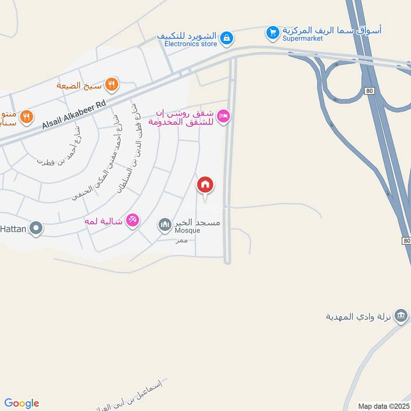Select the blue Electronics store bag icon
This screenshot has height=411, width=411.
(x=226, y=38)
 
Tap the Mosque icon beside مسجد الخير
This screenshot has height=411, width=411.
(x=165, y=225)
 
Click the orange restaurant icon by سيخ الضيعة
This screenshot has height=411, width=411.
(x=111, y=84)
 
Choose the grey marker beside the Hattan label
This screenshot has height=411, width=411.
(x=35, y=228)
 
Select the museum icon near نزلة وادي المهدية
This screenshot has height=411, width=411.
(x=403, y=314)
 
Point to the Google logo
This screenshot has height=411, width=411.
(x=22, y=403)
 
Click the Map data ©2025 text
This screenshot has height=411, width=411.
(x=383, y=406)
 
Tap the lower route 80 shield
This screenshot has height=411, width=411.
(x=406, y=240)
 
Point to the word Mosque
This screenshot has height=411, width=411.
(x=188, y=231)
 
